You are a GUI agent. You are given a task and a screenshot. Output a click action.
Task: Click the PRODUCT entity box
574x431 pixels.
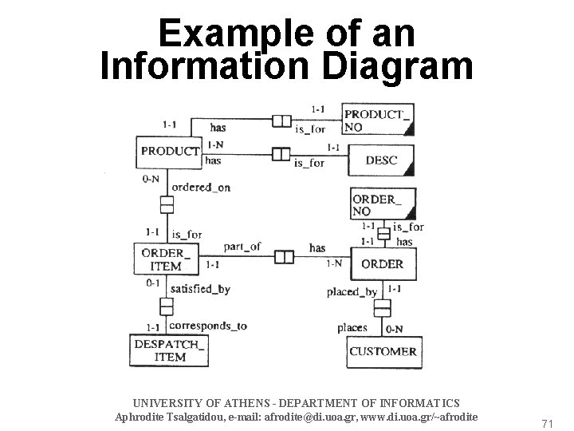169,150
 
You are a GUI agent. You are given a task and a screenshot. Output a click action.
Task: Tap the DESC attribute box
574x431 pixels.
382,160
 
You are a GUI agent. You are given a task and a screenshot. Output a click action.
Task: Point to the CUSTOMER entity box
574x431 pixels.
382,351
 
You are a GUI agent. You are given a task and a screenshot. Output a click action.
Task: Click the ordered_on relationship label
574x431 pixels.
201,188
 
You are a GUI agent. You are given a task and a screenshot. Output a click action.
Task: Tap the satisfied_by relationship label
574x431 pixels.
202,289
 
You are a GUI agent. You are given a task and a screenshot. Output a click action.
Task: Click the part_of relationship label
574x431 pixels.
242,247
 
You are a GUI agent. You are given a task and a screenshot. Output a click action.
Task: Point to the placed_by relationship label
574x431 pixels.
352,291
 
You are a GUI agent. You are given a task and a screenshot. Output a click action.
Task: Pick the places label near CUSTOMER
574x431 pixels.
352,327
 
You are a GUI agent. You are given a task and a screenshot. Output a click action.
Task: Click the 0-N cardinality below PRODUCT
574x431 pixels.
151,179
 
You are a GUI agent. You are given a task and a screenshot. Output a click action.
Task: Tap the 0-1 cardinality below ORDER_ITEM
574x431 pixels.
155,283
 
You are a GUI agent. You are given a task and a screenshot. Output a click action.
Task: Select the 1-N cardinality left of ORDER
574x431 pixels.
334,263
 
